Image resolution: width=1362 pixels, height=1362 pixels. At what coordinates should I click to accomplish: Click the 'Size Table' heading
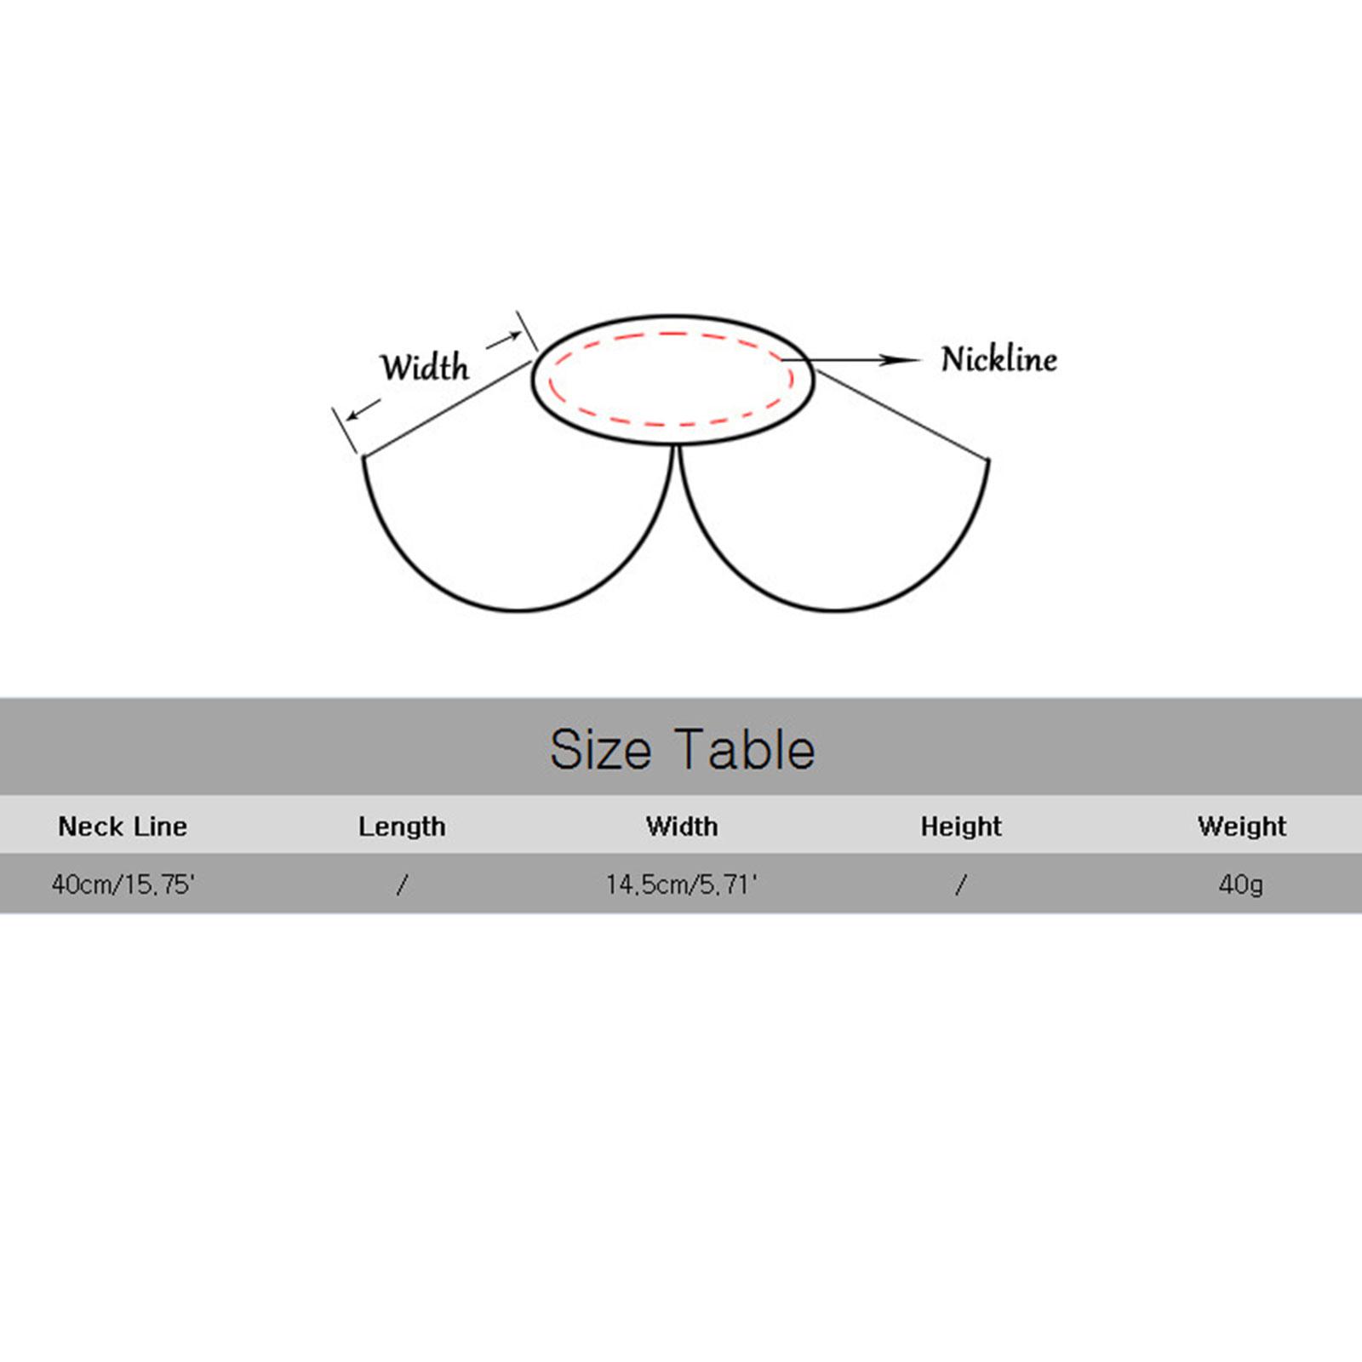[682, 749]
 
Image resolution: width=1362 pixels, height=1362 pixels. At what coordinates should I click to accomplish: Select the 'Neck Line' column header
[123, 826]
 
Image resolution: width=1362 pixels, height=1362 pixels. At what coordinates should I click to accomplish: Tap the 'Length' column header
[402, 827]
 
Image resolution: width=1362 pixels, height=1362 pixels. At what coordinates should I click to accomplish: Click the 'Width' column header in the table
[682, 826]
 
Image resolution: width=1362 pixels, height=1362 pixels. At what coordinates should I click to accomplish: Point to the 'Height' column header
[961, 827]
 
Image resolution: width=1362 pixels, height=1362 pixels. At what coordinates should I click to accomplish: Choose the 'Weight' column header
[1242, 827]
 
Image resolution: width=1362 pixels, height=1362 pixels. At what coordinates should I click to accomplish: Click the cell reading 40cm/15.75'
[123, 884]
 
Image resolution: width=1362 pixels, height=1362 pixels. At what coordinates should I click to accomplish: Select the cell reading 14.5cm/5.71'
[682, 884]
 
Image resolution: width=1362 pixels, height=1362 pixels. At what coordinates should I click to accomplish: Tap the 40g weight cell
[1241, 885]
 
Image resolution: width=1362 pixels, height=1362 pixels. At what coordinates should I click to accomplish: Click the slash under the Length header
[402, 885]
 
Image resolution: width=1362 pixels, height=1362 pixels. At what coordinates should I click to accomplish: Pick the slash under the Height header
[961, 885]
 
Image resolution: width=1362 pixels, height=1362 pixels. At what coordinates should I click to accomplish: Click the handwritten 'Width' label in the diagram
[425, 367]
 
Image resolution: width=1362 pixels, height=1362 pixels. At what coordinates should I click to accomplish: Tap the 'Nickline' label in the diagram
[999, 359]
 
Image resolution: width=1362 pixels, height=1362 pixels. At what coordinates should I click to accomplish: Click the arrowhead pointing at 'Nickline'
[901, 360]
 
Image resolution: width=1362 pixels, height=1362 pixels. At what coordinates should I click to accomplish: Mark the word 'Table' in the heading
[748, 749]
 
